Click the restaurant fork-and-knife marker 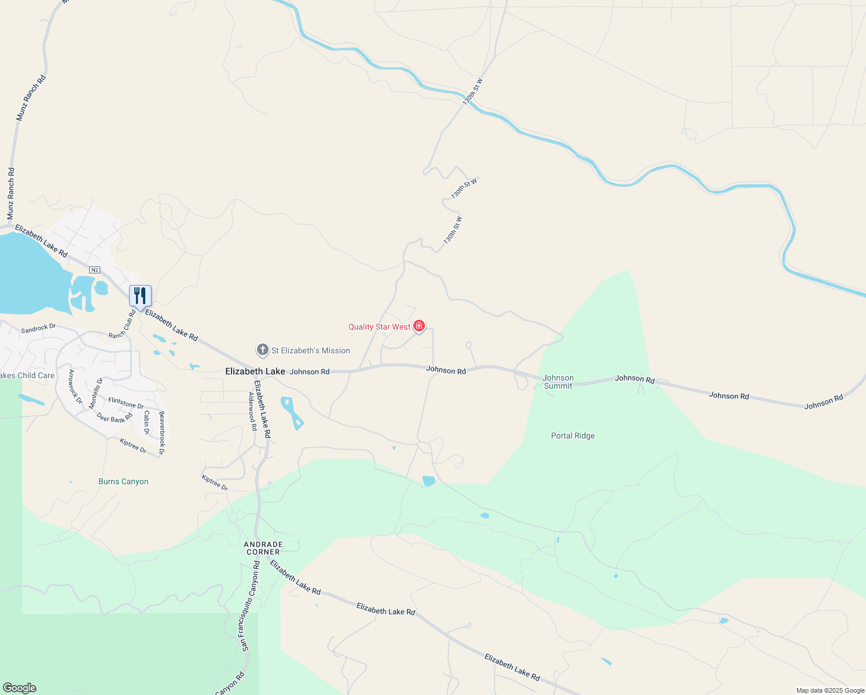click(140, 296)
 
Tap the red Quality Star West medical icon click(419, 327)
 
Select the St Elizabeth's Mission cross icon click(262, 350)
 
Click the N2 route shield click(95, 270)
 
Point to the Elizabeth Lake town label click(255, 371)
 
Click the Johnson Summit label click(558, 382)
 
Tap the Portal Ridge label click(573, 436)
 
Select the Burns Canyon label click(123, 481)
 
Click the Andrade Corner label click(263, 548)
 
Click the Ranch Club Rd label click(122, 325)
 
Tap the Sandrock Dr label click(38, 328)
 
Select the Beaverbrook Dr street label click(162, 432)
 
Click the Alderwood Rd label click(252, 411)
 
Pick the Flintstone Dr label click(126, 403)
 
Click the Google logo click(20, 688)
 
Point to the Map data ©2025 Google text click(830, 690)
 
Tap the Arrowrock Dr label click(75, 386)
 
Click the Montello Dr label click(96, 393)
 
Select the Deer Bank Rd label click(114, 418)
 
